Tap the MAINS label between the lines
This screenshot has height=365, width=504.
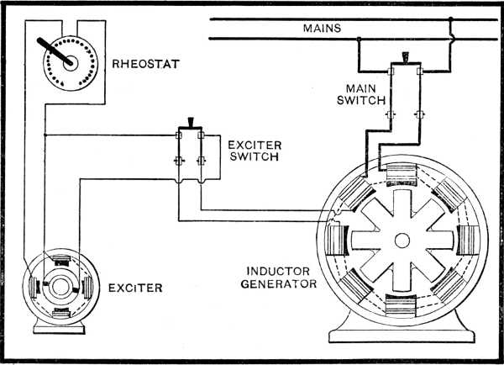click(322, 28)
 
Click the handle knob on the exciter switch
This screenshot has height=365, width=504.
click(191, 123)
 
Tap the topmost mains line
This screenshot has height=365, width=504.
click(353, 18)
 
